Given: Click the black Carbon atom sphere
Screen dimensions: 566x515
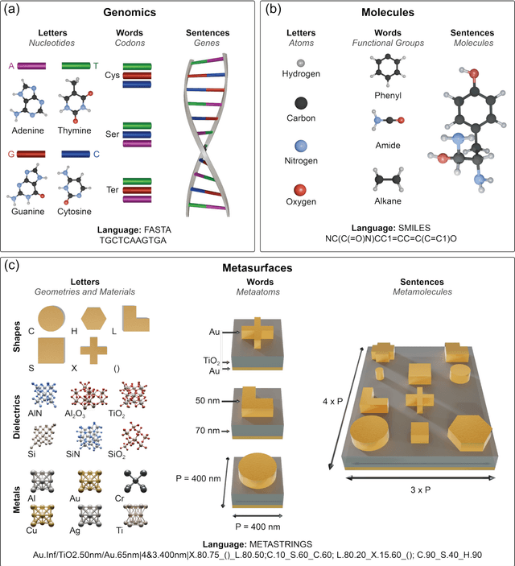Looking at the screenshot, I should pyautogui.click(x=301, y=102).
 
